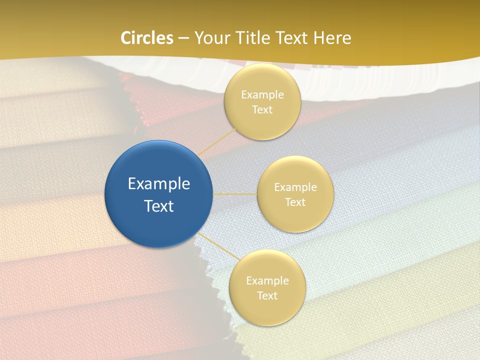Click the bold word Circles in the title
(x=147, y=38)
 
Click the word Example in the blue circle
(x=158, y=184)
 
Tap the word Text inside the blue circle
(x=158, y=206)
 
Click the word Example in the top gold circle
(x=262, y=95)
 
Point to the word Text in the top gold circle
(x=262, y=110)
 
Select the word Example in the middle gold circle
(x=295, y=187)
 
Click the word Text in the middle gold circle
(x=295, y=202)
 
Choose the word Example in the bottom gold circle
(x=267, y=281)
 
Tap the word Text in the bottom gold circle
(x=267, y=296)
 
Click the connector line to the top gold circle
(x=217, y=141)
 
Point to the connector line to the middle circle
(x=235, y=194)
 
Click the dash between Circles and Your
(x=183, y=38)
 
